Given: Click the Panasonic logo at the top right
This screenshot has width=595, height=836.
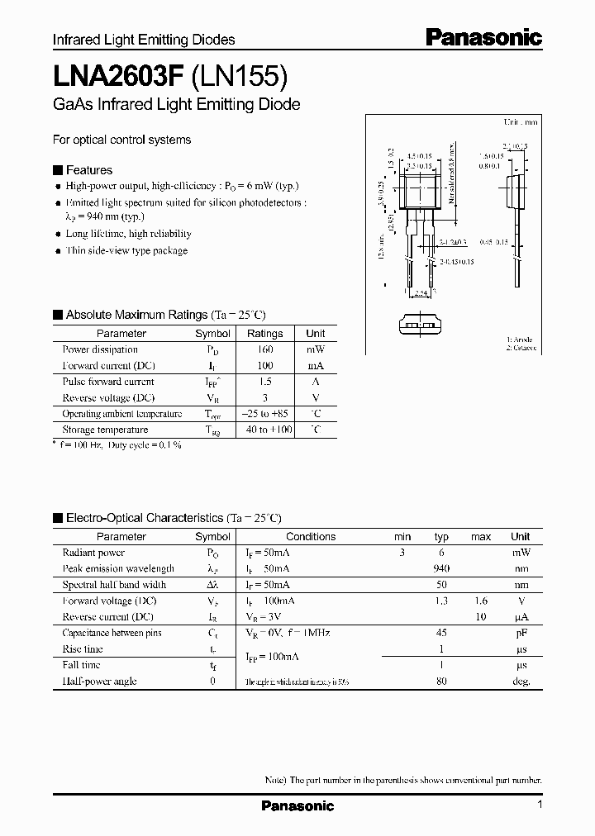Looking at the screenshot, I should (x=483, y=37).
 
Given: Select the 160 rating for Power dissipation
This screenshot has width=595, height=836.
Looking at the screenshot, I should (x=265, y=349).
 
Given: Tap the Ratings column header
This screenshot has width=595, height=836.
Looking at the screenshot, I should (x=265, y=334).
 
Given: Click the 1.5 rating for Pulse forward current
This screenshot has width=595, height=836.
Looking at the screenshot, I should (x=265, y=382).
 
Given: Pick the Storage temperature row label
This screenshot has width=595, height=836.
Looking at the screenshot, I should (x=105, y=430).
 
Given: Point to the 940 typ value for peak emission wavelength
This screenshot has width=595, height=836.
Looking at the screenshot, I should (x=441, y=568).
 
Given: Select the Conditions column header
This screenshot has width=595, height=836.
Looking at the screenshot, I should (x=311, y=537).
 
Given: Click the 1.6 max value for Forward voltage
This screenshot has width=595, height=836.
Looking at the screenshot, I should (x=480, y=601).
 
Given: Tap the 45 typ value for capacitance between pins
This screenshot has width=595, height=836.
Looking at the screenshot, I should (x=441, y=633).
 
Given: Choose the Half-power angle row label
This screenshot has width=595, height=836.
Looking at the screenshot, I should (x=99, y=682).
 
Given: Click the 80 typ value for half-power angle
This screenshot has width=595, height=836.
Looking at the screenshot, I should (x=441, y=682).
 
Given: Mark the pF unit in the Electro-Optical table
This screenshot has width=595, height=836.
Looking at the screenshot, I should (x=521, y=633).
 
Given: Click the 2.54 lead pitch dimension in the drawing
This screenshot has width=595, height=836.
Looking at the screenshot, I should (x=421, y=293).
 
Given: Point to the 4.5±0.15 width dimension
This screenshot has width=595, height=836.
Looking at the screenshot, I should (x=421, y=155).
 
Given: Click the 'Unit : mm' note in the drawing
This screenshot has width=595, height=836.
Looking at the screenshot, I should (x=521, y=121).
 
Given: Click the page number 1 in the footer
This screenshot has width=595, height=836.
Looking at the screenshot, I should (x=540, y=805).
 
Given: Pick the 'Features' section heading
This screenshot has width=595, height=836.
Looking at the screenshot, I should (x=88, y=170).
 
